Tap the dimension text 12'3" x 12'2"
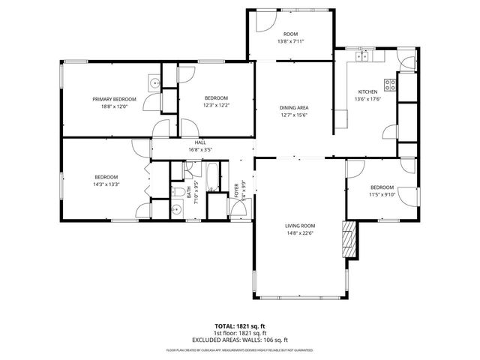pos(216,105)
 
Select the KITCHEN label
pos(367,91)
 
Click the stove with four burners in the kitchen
pos(390,84)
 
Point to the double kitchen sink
pos(363,55)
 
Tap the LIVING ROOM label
pos(299,225)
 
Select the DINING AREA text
pos(295,108)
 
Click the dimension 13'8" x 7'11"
pos(290,42)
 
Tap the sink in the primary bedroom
pos(153,84)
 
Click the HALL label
pos(200,142)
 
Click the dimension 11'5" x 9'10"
pos(382,194)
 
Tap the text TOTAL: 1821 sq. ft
pos(240,325)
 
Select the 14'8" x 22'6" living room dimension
pos(299,232)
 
